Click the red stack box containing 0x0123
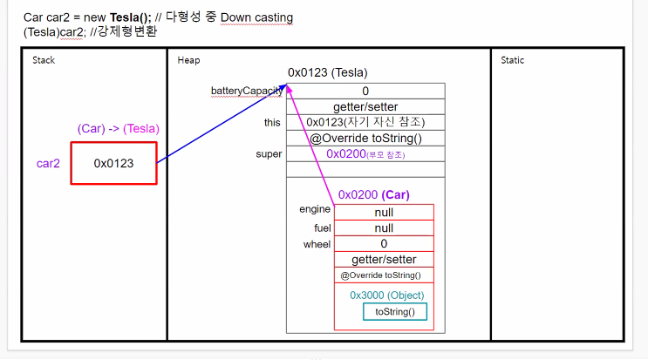coord(113,163)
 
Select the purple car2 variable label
coord(48,163)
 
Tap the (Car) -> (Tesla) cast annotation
coord(119,129)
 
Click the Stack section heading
coord(44,60)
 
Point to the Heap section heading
coord(188,60)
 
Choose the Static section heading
coord(512,60)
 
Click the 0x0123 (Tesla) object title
coord(327,72)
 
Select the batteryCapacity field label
coord(248,91)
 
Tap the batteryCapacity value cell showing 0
coord(365,91)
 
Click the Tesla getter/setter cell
coord(365,106)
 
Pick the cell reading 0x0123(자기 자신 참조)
coord(365,122)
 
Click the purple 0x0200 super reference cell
coord(365,153)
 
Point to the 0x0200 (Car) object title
coord(373,194)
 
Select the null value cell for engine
coord(384,212)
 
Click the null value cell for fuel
coord(384,228)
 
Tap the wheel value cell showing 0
coord(384,243)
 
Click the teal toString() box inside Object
coord(395,312)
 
